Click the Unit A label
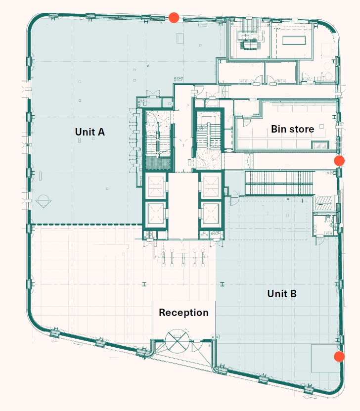point(90,132)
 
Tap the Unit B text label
point(282,294)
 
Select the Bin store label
point(292,129)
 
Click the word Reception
point(183,313)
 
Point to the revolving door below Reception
point(177,341)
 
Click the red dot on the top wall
point(174,18)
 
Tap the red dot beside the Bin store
point(339,160)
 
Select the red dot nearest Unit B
point(339,357)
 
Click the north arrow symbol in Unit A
point(44,201)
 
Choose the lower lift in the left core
point(156,213)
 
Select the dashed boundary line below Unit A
point(87,225)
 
